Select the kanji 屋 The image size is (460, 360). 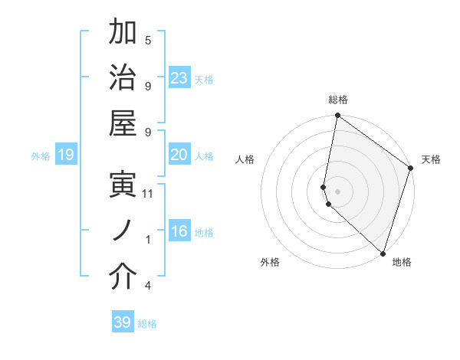pyautogui.click(x=123, y=122)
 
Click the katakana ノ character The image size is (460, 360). pyautogui.click(x=123, y=231)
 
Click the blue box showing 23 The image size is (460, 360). pyautogui.click(x=179, y=78)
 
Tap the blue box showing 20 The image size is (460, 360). pyautogui.click(x=179, y=155)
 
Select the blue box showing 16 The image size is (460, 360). pyautogui.click(x=179, y=231)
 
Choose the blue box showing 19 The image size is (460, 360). pyautogui.click(x=66, y=155)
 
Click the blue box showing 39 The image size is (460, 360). pyautogui.click(x=123, y=322)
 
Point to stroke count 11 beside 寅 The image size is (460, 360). pyautogui.click(x=148, y=193)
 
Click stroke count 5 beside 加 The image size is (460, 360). pyautogui.click(x=148, y=40)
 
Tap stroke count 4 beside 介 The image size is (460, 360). pyautogui.click(x=148, y=286)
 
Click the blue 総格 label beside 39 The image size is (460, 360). pyautogui.click(x=147, y=324)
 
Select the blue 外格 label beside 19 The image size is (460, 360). pyautogui.click(x=41, y=156)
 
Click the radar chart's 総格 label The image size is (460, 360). pyautogui.click(x=338, y=100)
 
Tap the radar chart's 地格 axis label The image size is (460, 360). pyautogui.click(x=402, y=262)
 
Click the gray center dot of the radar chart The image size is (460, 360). pyautogui.click(x=338, y=191)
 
